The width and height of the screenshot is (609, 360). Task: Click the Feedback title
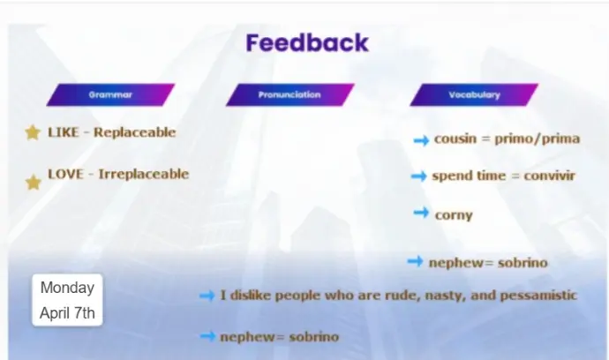[307, 42]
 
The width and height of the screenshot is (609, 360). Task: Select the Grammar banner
[110, 94]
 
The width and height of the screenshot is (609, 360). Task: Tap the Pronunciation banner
[289, 94]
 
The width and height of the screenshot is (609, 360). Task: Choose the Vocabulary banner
[474, 94]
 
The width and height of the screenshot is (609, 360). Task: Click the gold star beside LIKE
[33, 132]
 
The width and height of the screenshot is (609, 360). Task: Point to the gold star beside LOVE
[34, 182]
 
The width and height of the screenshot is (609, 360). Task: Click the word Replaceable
[135, 132]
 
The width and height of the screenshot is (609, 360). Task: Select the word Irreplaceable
[143, 174]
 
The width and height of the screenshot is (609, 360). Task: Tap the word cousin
[455, 139]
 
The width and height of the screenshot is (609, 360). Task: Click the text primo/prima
[538, 139]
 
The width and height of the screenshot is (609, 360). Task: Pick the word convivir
[549, 176]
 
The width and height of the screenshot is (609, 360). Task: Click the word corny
[454, 215]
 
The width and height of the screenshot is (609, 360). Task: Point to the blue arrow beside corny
[421, 213]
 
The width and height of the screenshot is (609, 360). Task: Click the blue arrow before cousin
[421, 140]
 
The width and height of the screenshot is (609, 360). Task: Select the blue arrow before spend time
[418, 176]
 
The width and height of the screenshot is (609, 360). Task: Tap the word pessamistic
[538, 296]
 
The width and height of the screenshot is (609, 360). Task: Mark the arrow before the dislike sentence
[207, 296]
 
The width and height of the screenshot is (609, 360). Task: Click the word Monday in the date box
[67, 288]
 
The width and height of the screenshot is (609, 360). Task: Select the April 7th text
[67, 313]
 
